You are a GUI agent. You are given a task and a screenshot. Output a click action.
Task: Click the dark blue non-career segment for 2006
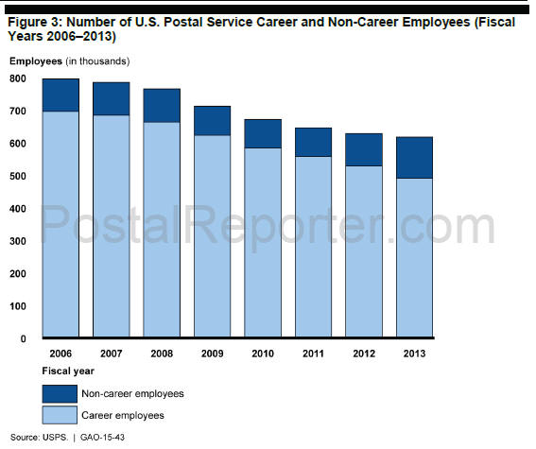pos(61,95)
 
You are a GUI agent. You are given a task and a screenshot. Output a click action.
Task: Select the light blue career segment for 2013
pos(414,258)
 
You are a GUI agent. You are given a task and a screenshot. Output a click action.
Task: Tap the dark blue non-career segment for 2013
pos(414,158)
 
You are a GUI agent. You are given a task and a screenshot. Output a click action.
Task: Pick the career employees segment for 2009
pos(213,236)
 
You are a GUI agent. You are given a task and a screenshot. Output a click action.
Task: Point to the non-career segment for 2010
pos(263,133)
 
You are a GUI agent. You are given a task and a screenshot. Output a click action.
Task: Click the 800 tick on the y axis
pos(18,78)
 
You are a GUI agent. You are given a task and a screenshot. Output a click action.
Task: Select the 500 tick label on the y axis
pos(18,177)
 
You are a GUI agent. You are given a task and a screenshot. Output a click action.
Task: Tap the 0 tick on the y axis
pos(23,339)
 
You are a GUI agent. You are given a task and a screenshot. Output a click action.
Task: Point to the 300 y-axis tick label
pos(18,242)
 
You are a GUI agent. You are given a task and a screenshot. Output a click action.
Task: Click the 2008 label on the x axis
pos(162,354)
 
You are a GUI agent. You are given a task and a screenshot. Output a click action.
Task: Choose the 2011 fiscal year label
pos(314,354)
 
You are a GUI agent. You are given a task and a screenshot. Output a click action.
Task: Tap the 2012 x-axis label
pos(364,354)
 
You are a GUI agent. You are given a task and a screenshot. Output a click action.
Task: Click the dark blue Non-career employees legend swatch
pos(60,393)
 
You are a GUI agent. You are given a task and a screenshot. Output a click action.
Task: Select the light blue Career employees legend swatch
pos(60,415)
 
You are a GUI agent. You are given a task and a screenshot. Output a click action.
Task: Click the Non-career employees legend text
pos(132,393)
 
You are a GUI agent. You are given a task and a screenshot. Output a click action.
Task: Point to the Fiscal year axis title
pos(68,371)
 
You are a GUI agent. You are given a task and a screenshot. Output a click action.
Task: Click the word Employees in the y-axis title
pos(36,61)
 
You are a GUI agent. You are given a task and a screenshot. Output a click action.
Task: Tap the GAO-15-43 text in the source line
pos(102,438)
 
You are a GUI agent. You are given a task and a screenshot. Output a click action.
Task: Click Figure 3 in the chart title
pos(35,22)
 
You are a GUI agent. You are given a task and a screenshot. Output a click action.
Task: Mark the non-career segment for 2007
pos(112,98)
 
